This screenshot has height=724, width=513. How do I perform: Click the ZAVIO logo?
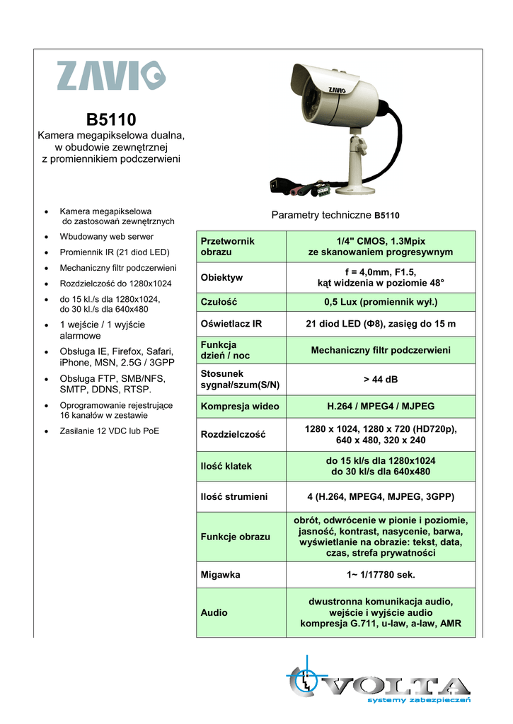pos(111,76)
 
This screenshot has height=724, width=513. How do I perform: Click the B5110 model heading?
pos(111,119)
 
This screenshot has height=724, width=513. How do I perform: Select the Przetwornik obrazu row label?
pos(228,246)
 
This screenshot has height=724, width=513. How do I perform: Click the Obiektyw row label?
pos(221,277)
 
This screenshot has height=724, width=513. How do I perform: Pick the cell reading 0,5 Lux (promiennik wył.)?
pos(381,302)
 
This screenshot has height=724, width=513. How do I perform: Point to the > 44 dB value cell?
pos(381,380)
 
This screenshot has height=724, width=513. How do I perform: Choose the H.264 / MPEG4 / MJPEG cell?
pos(381,407)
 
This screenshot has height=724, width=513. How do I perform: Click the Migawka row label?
pos(221,575)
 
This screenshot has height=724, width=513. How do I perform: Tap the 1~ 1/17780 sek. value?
pos(381,575)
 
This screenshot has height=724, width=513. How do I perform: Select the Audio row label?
pos(214,613)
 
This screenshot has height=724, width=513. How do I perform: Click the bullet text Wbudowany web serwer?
pos(107,236)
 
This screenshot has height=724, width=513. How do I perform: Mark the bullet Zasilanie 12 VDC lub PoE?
pos(110,430)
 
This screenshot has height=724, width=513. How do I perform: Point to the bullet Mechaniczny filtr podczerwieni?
pos(118,268)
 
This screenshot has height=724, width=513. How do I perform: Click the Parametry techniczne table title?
pos(336,214)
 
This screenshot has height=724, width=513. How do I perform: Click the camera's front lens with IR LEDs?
pos(318,106)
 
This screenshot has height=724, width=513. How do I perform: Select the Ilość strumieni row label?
pos(234,496)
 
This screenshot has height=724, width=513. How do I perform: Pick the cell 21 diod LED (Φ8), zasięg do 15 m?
pos(381,324)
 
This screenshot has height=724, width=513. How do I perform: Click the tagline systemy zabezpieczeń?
pos(419,700)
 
